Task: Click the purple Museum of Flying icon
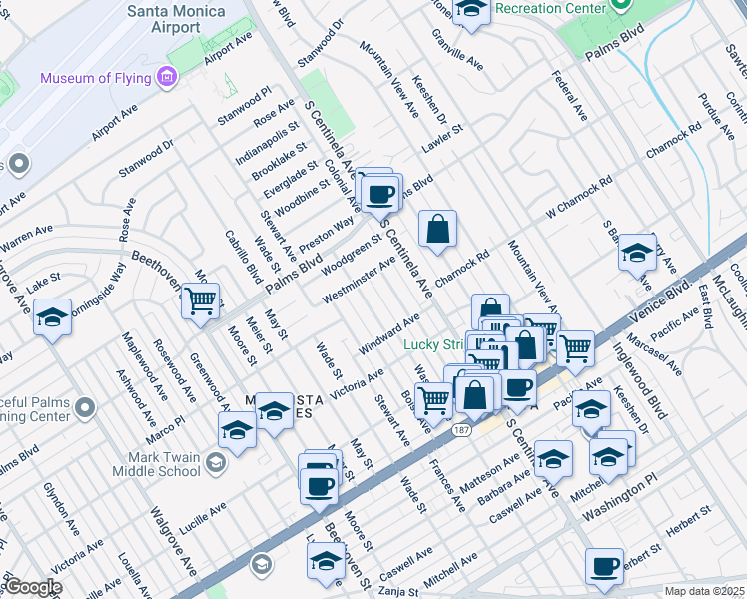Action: point(166,77)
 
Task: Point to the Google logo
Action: point(32,588)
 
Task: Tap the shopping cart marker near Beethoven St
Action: point(201,299)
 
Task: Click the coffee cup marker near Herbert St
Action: point(604,566)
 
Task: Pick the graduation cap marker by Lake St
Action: point(52,317)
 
